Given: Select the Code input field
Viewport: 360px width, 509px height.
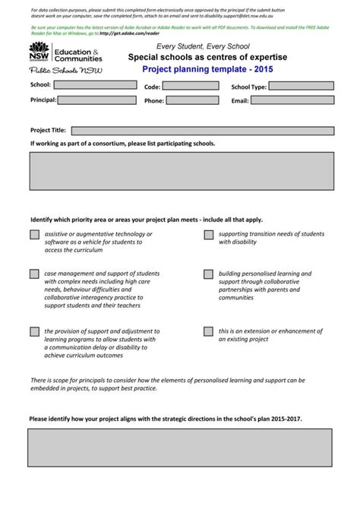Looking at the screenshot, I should click(x=191, y=86).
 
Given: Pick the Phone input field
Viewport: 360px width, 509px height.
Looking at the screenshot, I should click(x=191, y=100).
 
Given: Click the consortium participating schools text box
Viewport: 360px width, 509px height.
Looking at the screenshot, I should click(x=181, y=170).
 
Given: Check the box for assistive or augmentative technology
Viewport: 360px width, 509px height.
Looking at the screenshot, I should click(x=35, y=235).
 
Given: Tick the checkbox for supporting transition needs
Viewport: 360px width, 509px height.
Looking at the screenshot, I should click(x=208, y=235).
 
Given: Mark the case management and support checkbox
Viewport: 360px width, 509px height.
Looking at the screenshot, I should click(x=35, y=273).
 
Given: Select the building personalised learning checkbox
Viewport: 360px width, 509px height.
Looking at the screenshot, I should click(x=208, y=273).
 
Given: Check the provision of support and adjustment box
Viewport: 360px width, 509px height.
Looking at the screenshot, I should click(x=35, y=332).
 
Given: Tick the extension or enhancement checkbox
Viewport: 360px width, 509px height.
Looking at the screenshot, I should click(x=208, y=332).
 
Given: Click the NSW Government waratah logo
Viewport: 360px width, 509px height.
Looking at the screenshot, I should click(x=39, y=52).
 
